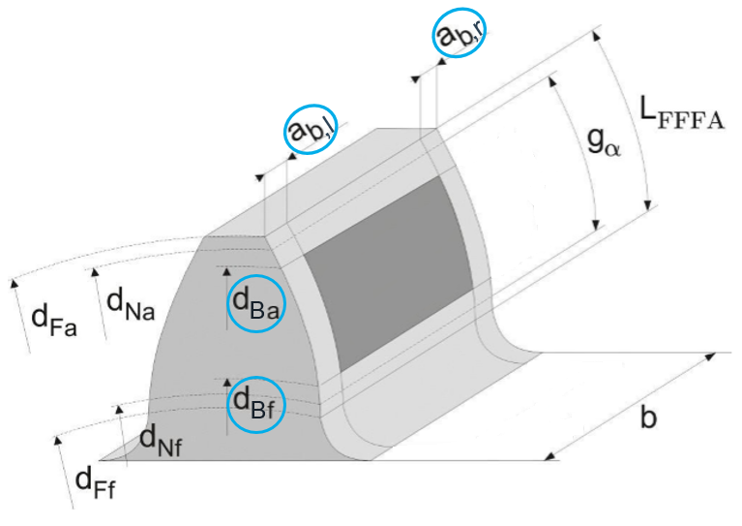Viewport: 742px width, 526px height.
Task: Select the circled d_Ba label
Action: tap(255, 303)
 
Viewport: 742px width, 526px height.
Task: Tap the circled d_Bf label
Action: tap(255, 404)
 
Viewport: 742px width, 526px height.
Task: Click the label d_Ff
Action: tap(94, 479)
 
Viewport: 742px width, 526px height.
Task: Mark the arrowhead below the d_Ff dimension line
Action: tap(58, 441)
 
